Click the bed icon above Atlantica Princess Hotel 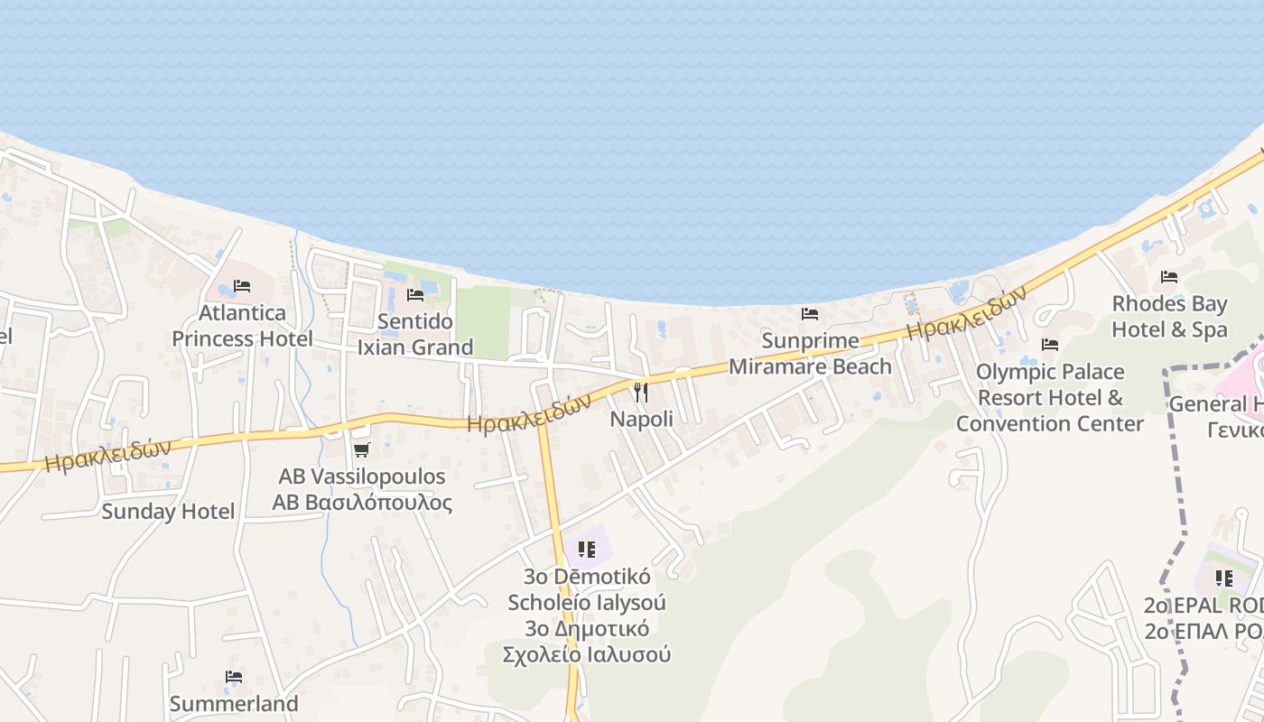point(242,286)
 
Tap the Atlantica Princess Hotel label point(242,326)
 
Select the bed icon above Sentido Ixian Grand point(415,294)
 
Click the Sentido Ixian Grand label point(415,334)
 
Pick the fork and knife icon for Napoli point(641,392)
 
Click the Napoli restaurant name point(641,419)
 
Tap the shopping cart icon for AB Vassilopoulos point(362,449)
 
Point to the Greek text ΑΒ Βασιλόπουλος point(362,503)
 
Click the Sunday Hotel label point(168,512)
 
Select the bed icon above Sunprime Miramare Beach point(810,314)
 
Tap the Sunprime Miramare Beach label point(810,354)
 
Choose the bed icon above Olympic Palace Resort point(1049,345)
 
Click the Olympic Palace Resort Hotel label point(1050,397)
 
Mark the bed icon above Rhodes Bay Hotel point(1169,277)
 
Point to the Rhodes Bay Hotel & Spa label point(1169,317)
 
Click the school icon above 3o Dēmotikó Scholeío point(587,549)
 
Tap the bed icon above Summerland point(234,677)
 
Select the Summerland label point(234,703)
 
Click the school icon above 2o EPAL point(1223,579)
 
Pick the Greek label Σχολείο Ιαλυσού point(587,654)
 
